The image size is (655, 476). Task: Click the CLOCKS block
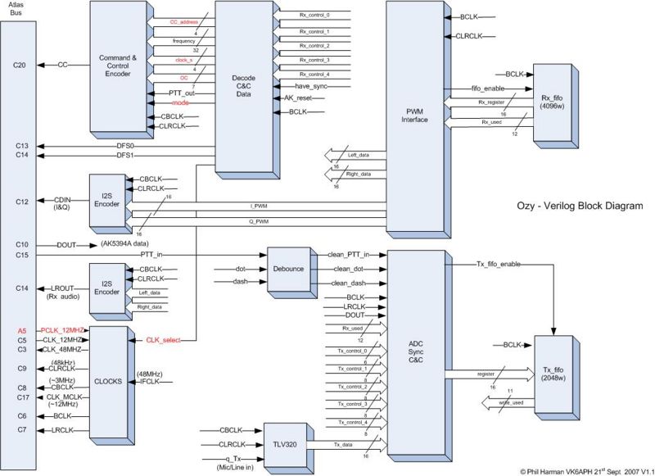(107, 380)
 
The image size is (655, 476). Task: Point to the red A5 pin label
(22, 330)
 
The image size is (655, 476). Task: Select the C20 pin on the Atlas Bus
(22, 65)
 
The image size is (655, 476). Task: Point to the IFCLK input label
(151, 381)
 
